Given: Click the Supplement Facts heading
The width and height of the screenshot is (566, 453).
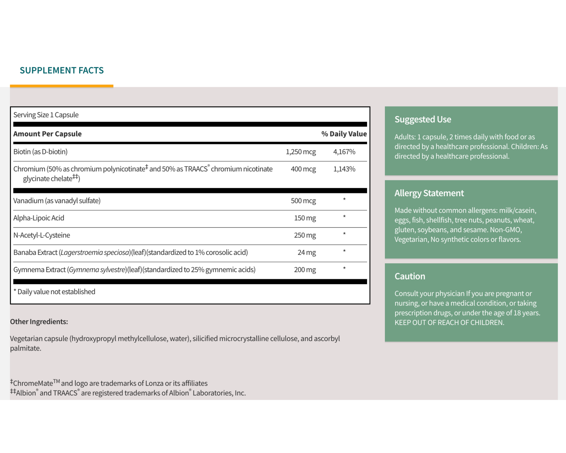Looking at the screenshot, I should (x=61, y=70).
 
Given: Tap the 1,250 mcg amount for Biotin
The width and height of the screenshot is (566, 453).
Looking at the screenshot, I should (x=300, y=152).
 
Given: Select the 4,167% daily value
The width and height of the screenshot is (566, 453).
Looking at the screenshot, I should (x=344, y=152).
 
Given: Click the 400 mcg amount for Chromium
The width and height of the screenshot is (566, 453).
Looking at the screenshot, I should (x=303, y=169).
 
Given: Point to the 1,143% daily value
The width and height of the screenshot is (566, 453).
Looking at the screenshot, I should (x=344, y=169).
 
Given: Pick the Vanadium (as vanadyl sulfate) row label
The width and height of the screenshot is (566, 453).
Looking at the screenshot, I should (x=57, y=201).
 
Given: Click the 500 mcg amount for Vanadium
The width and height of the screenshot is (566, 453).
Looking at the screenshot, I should (x=303, y=201).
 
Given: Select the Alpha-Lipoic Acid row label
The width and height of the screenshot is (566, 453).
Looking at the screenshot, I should (x=39, y=218).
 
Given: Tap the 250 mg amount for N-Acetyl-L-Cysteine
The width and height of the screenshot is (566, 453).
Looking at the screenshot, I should (x=305, y=235).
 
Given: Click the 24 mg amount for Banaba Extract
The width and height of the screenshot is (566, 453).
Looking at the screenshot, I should (x=306, y=253).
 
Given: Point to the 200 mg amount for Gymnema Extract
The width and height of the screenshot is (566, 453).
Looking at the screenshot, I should (x=305, y=270).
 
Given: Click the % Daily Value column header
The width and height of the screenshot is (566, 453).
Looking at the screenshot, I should (x=343, y=134).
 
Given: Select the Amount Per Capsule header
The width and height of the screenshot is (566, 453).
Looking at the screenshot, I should (x=47, y=134).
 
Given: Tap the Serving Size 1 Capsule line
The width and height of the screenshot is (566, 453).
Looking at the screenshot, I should (x=46, y=115).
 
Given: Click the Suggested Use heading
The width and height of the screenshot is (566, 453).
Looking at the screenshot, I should (x=423, y=119).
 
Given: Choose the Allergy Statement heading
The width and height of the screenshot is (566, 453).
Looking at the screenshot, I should (x=429, y=193).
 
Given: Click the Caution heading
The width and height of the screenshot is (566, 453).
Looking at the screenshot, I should (x=410, y=276).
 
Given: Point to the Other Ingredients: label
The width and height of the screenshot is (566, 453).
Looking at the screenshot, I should (x=39, y=321).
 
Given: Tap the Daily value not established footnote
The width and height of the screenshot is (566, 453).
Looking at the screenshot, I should (x=54, y=292).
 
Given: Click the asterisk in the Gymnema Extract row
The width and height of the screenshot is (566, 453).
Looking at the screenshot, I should (x=344, y=269).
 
